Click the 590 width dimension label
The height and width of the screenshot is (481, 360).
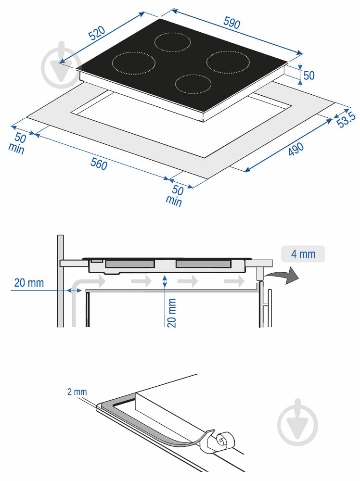231,23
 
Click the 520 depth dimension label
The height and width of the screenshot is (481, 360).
97,33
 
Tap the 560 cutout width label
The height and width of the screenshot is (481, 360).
99,163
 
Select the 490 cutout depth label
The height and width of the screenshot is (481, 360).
296,149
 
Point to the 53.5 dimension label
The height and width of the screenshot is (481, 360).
347,119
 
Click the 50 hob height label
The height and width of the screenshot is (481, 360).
309,75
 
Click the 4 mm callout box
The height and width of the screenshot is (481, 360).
303,254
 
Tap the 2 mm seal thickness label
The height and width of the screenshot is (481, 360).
77,392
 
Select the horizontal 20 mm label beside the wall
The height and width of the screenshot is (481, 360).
29,283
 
